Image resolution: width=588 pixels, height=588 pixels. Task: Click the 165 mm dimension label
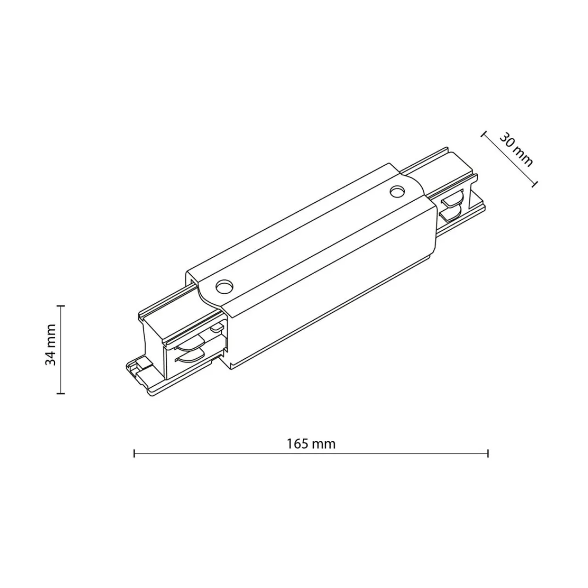(311, 444)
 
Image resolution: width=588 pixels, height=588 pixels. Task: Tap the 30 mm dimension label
(516, 149)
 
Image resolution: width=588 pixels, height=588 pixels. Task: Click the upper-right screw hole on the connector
(397, 192)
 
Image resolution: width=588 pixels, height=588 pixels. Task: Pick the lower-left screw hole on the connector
(224, 286)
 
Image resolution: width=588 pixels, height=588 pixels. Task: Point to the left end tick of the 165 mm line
(134, 453)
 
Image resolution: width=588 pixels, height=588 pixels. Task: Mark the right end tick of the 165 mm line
(488, 453)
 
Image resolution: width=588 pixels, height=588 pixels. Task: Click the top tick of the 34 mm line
(61, 305)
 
